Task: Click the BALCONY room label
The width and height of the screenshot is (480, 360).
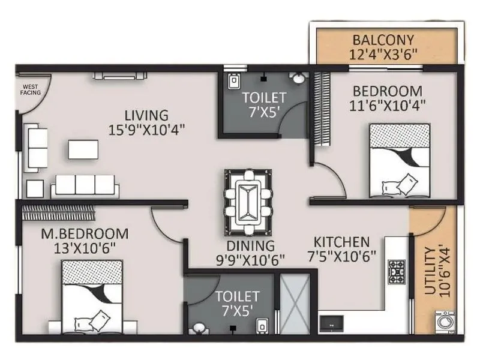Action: [383, 40]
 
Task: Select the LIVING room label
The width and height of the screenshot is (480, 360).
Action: [146, 115]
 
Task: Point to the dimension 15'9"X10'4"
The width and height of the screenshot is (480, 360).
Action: [146, 128]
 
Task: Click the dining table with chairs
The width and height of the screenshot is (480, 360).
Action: [248, 202]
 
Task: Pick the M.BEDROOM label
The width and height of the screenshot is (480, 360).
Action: [85, 233]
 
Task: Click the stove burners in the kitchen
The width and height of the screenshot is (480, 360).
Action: [397, 271]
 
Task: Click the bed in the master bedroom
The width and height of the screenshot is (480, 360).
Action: [92, 297]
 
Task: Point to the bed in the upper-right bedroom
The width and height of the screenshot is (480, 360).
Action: [400, 160]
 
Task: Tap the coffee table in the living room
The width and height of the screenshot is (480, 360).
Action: [83, 149]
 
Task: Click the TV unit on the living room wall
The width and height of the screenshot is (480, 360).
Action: [119, 76]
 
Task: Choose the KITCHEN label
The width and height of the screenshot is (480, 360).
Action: [341, 242]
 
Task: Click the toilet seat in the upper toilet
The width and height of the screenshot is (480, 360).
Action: [234, 80]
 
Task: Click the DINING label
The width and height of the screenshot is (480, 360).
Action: [250, 246]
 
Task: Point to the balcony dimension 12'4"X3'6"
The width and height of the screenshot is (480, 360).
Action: [383, 54]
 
